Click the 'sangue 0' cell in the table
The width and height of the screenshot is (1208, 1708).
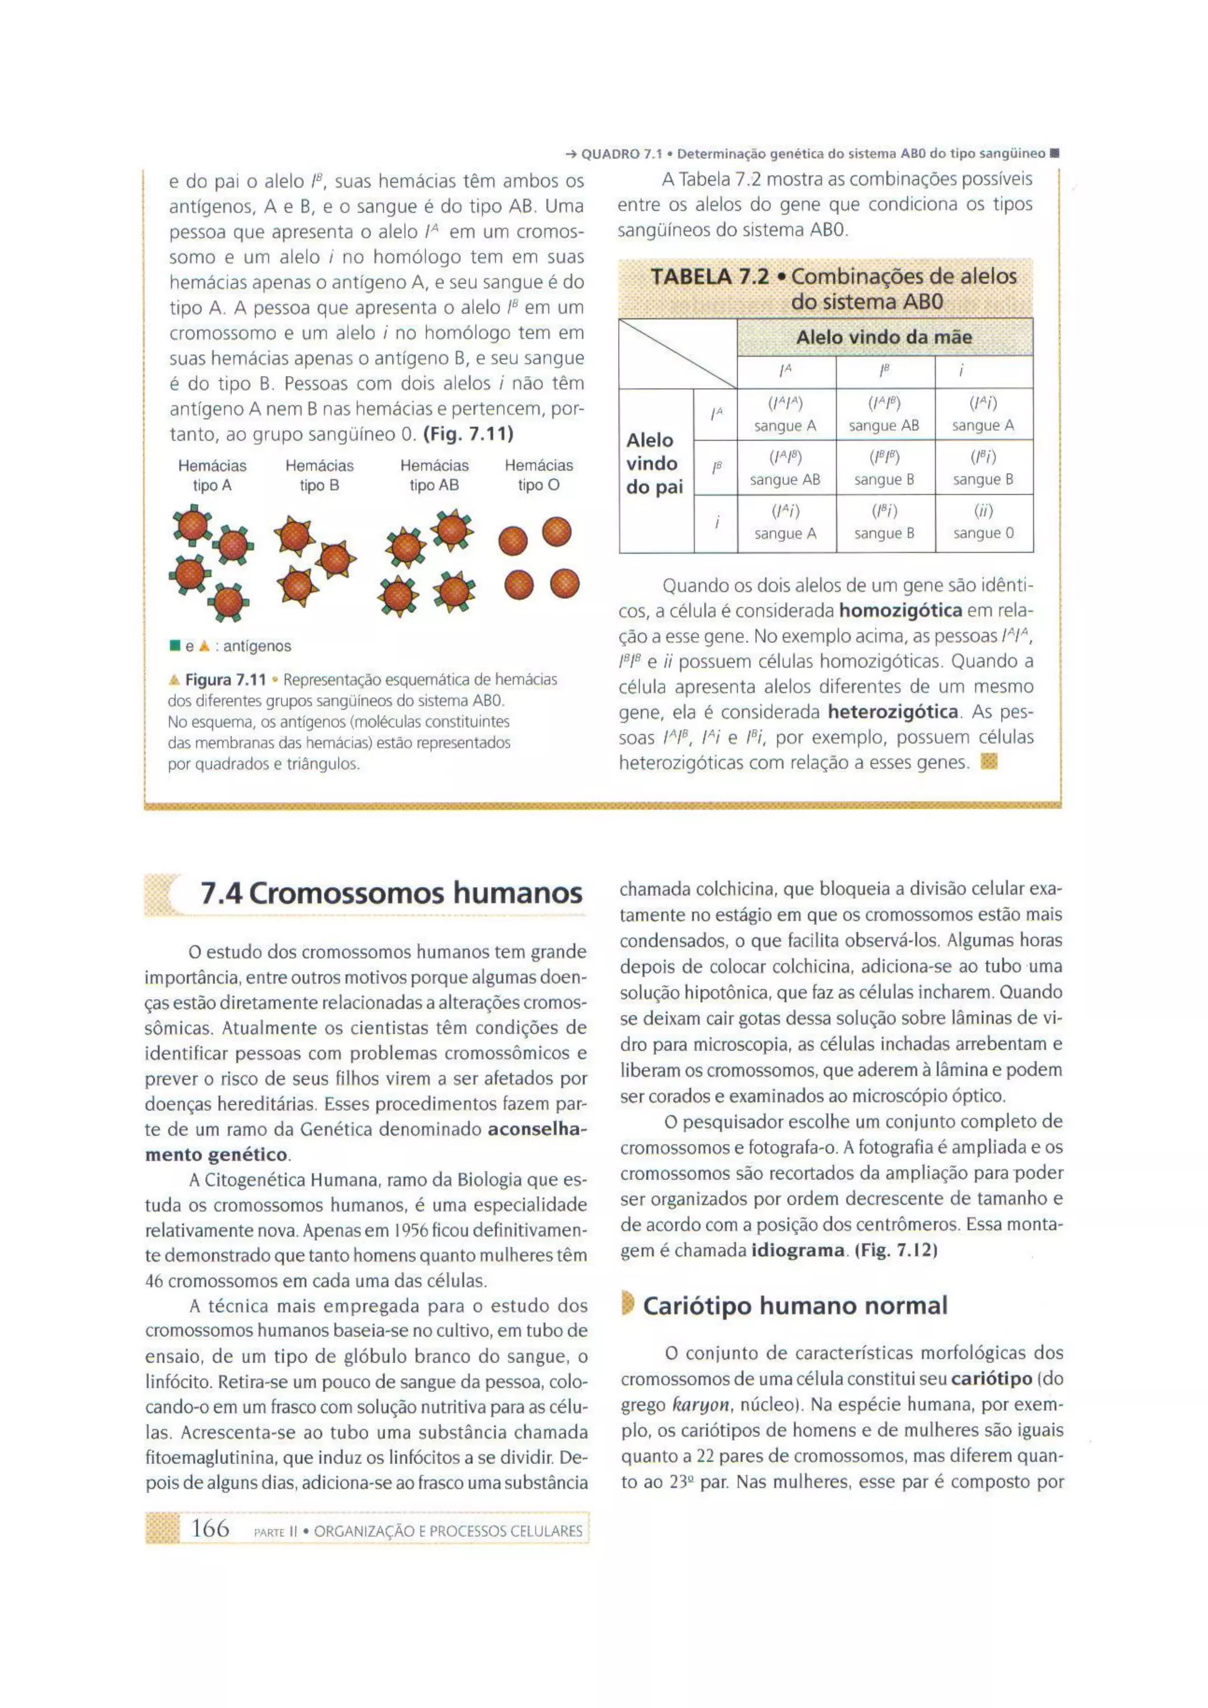983,524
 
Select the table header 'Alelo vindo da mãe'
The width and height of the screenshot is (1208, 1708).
884,337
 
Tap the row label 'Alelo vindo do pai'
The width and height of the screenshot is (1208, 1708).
654,464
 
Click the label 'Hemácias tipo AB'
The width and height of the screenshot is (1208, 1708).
434,475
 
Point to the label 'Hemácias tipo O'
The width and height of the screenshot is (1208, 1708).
539,475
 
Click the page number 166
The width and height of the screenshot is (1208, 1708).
210,1528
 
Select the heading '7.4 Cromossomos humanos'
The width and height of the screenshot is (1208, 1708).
391,893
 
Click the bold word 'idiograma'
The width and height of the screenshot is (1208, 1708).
798,1250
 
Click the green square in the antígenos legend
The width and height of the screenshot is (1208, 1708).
175,646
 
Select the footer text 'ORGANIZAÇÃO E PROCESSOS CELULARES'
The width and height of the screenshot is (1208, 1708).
448,1531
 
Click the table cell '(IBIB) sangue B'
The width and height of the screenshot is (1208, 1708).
884,468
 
